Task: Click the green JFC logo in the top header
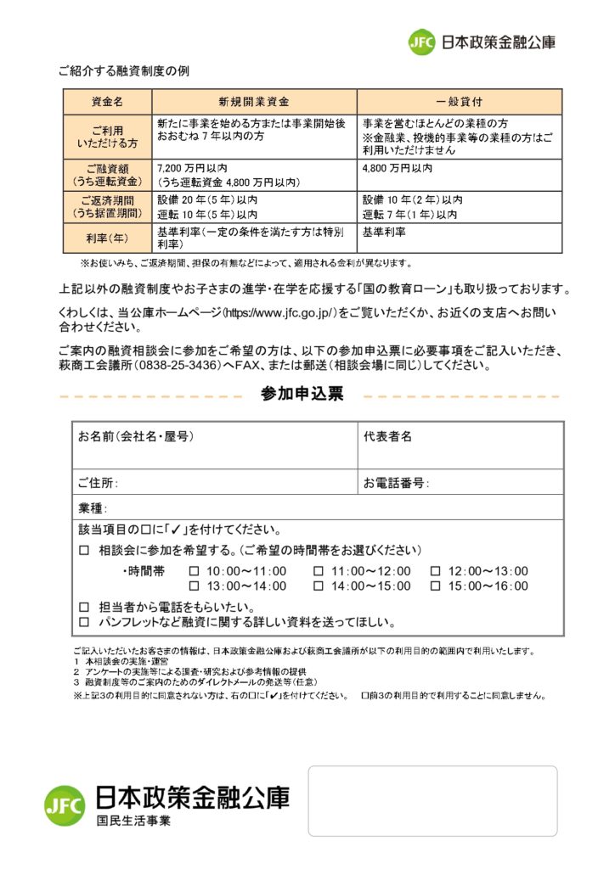pyautogui.click(x=421, y=42)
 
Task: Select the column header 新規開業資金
pyautogui.click(x=254, y=101)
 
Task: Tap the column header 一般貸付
pyautogui.click(x=459, y=101)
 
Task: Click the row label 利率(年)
pyautogui.click(x=107, y=238)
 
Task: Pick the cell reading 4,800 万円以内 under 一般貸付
pyautogui.click(x=398, y=168)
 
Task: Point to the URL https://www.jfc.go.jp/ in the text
pyautogui.click(x=279, y=313)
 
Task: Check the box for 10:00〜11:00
pyautogui.click(x=194, y=571)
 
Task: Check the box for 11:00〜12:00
pyautogui.click(x=319, y=571)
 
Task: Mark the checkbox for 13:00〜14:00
pyautogui.click(x=194, y=586)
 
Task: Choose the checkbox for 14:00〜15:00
pyautogui.click(x=319, y=586)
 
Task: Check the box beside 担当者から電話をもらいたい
pyautogui.click(x=83, y=608)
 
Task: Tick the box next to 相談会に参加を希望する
pyautogui.click(x=83, y=551)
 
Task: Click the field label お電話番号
pyautogui.click(x=394, y=484)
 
